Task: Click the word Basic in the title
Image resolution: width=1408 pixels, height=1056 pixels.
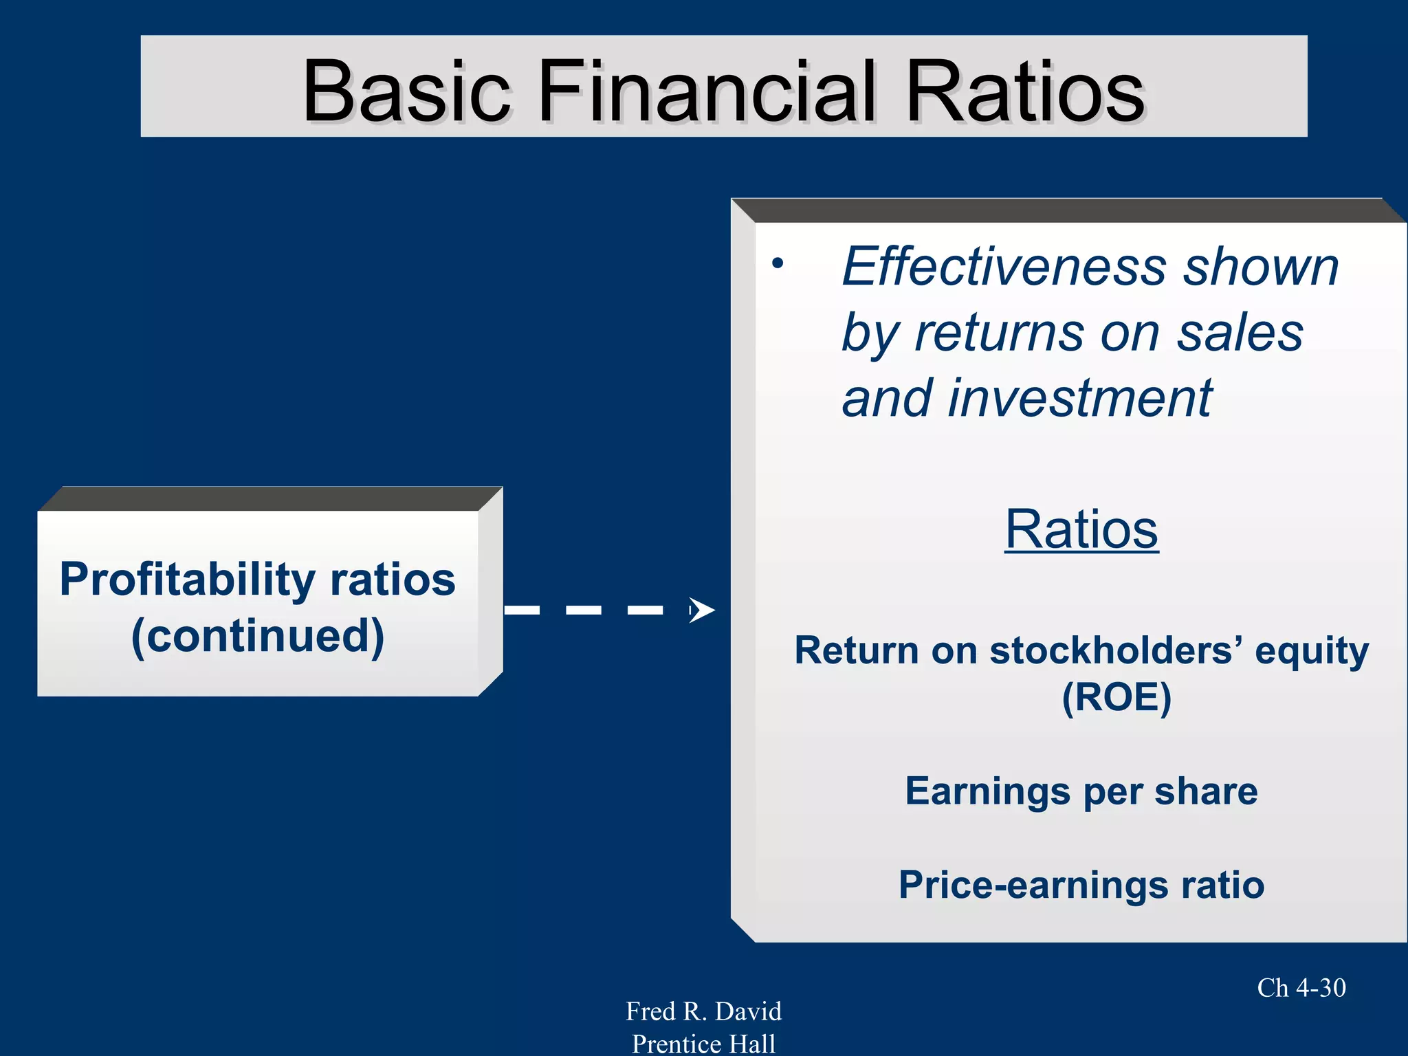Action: pyautogui.click(x=406, y=91)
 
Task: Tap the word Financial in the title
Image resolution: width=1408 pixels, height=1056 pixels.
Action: pyautogui.click(x=707, y=91)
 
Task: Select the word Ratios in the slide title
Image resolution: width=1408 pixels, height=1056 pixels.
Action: pyautogui.click(x=1025, y=91)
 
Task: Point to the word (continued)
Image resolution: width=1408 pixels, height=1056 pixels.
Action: pyautogui.click(x=258, y=636)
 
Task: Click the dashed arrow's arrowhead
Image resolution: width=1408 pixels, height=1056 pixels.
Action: pyautogui.click(x=701, y=610)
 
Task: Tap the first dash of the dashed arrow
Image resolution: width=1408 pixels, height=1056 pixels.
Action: pyautogui.click(x=522, y=610)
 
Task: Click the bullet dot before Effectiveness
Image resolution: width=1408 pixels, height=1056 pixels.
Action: pyautogui.click(x=777, y=263)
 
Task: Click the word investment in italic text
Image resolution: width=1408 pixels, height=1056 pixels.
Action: pyautogui.click(x=1079, y=399)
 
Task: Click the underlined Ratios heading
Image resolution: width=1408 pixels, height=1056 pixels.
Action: pyautogui.click(x=1081, y=529)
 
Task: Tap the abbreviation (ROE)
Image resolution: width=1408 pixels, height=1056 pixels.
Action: pyautogui.click(x=1116, y=698)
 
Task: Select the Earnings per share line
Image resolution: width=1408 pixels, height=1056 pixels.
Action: pyautogui.click(x=1081, y=791)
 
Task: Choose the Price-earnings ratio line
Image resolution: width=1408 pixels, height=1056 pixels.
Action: pyautogui.click(x=1081, y=885)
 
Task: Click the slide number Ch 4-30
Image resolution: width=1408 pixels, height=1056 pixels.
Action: pyautogui.click(x=1301, y=988)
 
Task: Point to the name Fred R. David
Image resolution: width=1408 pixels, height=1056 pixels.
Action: pyautogui.click(x=703, y=1011)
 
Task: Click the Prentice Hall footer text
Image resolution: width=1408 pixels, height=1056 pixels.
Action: pyautogui.click(x=703, y=1044)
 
